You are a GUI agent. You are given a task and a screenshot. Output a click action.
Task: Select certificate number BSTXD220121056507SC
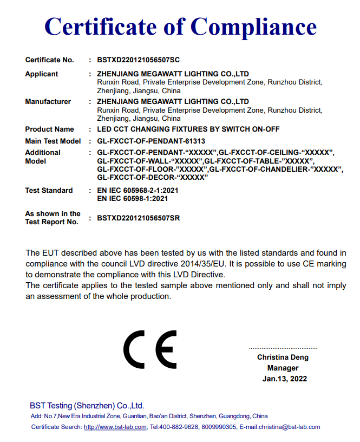pos(139,60)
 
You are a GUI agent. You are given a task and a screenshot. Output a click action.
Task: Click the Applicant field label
pos(42,74)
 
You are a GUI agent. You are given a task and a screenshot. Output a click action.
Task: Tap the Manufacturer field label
pos(48,101)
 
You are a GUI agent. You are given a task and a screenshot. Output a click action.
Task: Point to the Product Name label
pos(49,129)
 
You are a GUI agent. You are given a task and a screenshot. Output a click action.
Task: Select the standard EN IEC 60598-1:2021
pos(132,198)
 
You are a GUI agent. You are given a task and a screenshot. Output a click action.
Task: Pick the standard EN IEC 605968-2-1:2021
pos(138,190)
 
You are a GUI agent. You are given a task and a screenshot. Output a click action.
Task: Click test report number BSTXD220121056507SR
pos(139,218)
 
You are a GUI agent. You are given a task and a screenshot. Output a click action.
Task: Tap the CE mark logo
pos(150,349)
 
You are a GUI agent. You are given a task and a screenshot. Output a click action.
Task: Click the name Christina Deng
pos(283,357)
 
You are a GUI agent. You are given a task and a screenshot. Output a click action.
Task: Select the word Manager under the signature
pos(283,368)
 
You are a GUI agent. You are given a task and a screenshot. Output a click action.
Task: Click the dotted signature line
pos(283,348)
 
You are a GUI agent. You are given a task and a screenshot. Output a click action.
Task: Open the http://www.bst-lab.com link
pos(115,427)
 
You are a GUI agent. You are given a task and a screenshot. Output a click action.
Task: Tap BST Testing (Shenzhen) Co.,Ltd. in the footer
pos(87,405)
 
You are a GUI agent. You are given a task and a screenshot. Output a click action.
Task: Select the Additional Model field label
pos(43,157)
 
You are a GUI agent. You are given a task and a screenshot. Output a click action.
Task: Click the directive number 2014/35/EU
pos(203,263)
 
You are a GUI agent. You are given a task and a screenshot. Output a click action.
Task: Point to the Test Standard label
pos(49,190)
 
